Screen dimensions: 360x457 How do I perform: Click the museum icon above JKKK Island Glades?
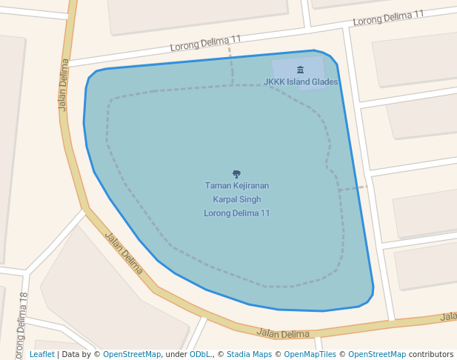pyautogui.click(x=300, y=70)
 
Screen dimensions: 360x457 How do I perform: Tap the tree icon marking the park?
pyautogui.click(x=236, y=174)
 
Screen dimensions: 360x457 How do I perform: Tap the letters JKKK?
pyautogui.click(x=274, y=82)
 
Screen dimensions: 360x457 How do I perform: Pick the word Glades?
pyautogui.click(x=325, y=82)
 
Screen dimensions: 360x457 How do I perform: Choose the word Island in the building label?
pyautogui.click(x=298, y=82)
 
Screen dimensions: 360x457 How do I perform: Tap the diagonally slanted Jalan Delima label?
pyautogui.click(x=124, y=253)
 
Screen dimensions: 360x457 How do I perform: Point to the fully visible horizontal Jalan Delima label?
pyautogui.click(x=282, y=334)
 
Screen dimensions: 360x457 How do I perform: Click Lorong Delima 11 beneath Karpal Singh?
pyautogui.click(x=236, y=213)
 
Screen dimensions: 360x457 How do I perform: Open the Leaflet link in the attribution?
pyautogui.click(x=41, y=355)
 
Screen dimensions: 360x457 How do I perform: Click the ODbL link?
pyautogui.click(x=200, y=355)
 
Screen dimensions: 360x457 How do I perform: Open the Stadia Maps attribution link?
pyautogui.click(x=247, y=355)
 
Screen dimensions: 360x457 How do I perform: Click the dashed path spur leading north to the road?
pyautogui.click(x=231, y=67)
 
